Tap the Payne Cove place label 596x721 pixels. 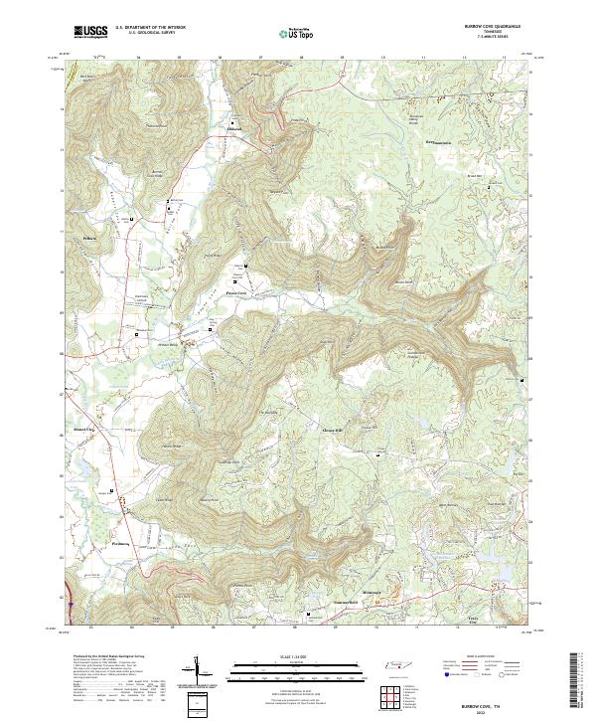point(236,293)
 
